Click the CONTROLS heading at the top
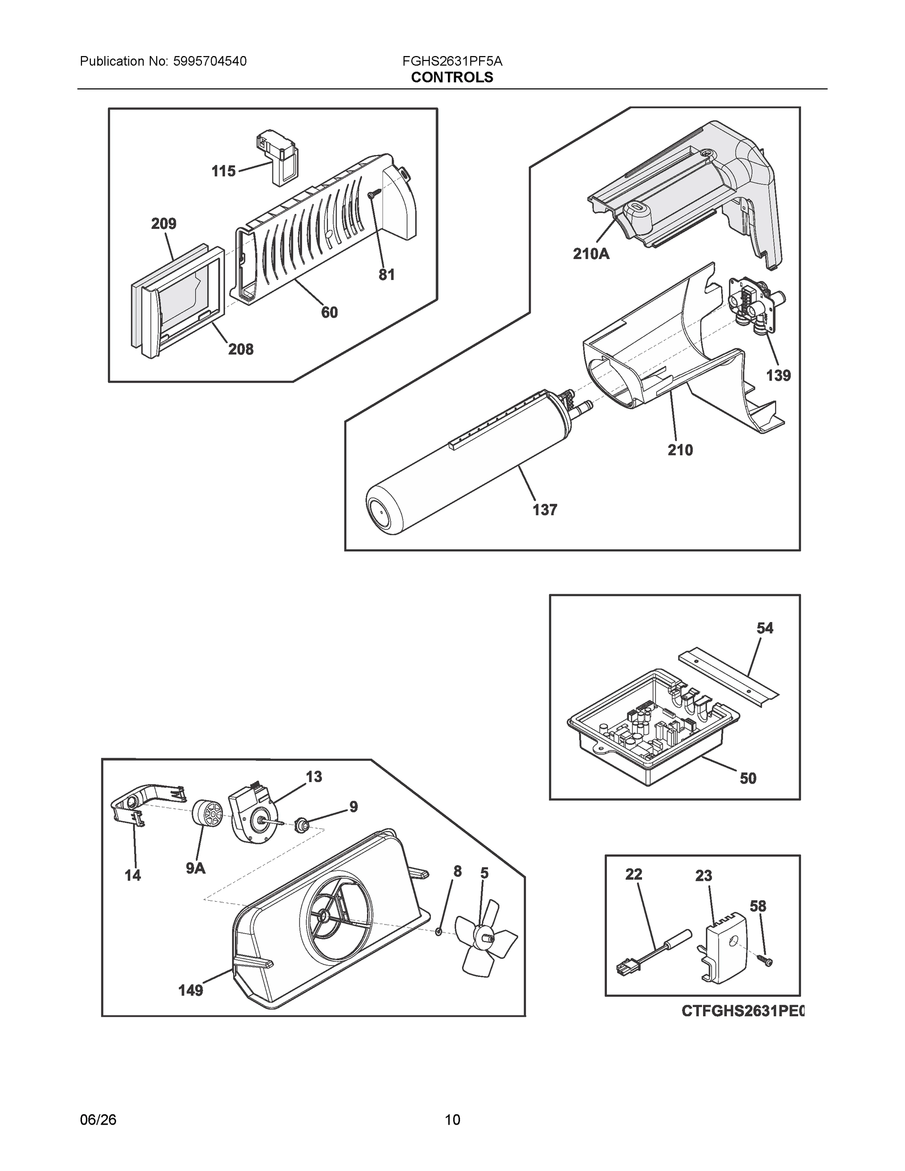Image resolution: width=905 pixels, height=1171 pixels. point(452,77)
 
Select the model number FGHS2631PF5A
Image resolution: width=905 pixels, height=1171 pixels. point(452,61)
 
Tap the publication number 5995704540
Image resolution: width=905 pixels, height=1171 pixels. point(209,61)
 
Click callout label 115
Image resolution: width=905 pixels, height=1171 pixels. point(223,171)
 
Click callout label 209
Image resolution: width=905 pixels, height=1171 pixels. point(163,223)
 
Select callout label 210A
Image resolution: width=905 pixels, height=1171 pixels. point(591,254)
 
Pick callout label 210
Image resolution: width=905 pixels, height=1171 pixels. point(680,450)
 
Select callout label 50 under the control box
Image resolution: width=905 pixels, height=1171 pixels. point(748,778)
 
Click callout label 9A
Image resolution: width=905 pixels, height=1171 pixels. point(196,868)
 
